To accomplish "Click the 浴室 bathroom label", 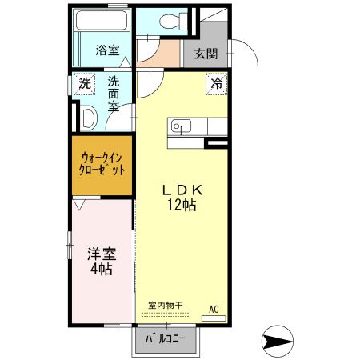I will click(107, 50).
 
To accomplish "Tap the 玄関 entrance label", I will click(206, 54).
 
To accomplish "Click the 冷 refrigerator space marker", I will click(217, 82).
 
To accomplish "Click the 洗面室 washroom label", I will click(114, 92).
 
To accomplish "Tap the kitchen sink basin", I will click(179, 126).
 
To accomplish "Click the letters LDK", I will click(185, 190).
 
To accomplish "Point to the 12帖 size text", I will click(183, 205).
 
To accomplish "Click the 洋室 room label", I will click(102, 255).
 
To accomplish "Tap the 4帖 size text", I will click(102, 270).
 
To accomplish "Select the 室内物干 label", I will click(166, 305).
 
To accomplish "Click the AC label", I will click(214, 308).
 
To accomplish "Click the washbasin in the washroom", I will click(90, 118).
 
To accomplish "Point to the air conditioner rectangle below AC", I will click(214, 318).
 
